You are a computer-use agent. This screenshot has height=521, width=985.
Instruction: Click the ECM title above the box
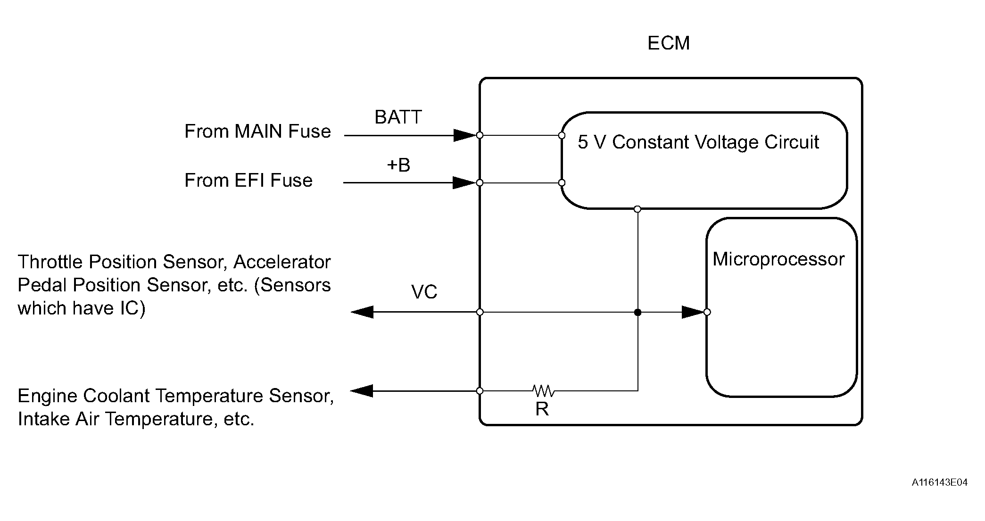(x=668, y=43)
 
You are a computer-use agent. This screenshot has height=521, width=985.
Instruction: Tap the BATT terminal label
(x=398, y=117)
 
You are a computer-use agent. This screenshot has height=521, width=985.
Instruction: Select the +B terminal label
(x=398, y=165)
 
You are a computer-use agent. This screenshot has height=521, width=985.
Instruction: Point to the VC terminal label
(x=424, y=292)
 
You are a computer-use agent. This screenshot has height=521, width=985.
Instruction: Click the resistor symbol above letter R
(x=543, y=390)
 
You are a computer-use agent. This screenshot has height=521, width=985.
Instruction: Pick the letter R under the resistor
(x=542, y=409)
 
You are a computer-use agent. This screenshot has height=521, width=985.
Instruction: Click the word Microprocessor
(x=778, y=259)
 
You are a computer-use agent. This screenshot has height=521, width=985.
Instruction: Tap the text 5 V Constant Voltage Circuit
(x=698, y=142)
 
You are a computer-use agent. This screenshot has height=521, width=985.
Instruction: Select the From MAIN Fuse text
(x=257, y=131)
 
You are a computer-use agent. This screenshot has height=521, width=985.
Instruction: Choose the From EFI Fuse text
(x=248, y=180)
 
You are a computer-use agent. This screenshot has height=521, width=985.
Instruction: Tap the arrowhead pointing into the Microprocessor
(x=693, y=312)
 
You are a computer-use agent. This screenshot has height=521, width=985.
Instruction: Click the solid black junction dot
(x=637, y=312)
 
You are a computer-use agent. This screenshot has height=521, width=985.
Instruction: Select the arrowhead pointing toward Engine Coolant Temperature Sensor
(x=362, y=391)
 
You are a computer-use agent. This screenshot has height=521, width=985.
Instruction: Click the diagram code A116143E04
(x=939, y=482)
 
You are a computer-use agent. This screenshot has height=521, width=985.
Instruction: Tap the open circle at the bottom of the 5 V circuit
(x=637, y=209)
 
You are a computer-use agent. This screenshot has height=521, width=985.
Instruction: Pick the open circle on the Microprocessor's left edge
(x=707, y=312)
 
